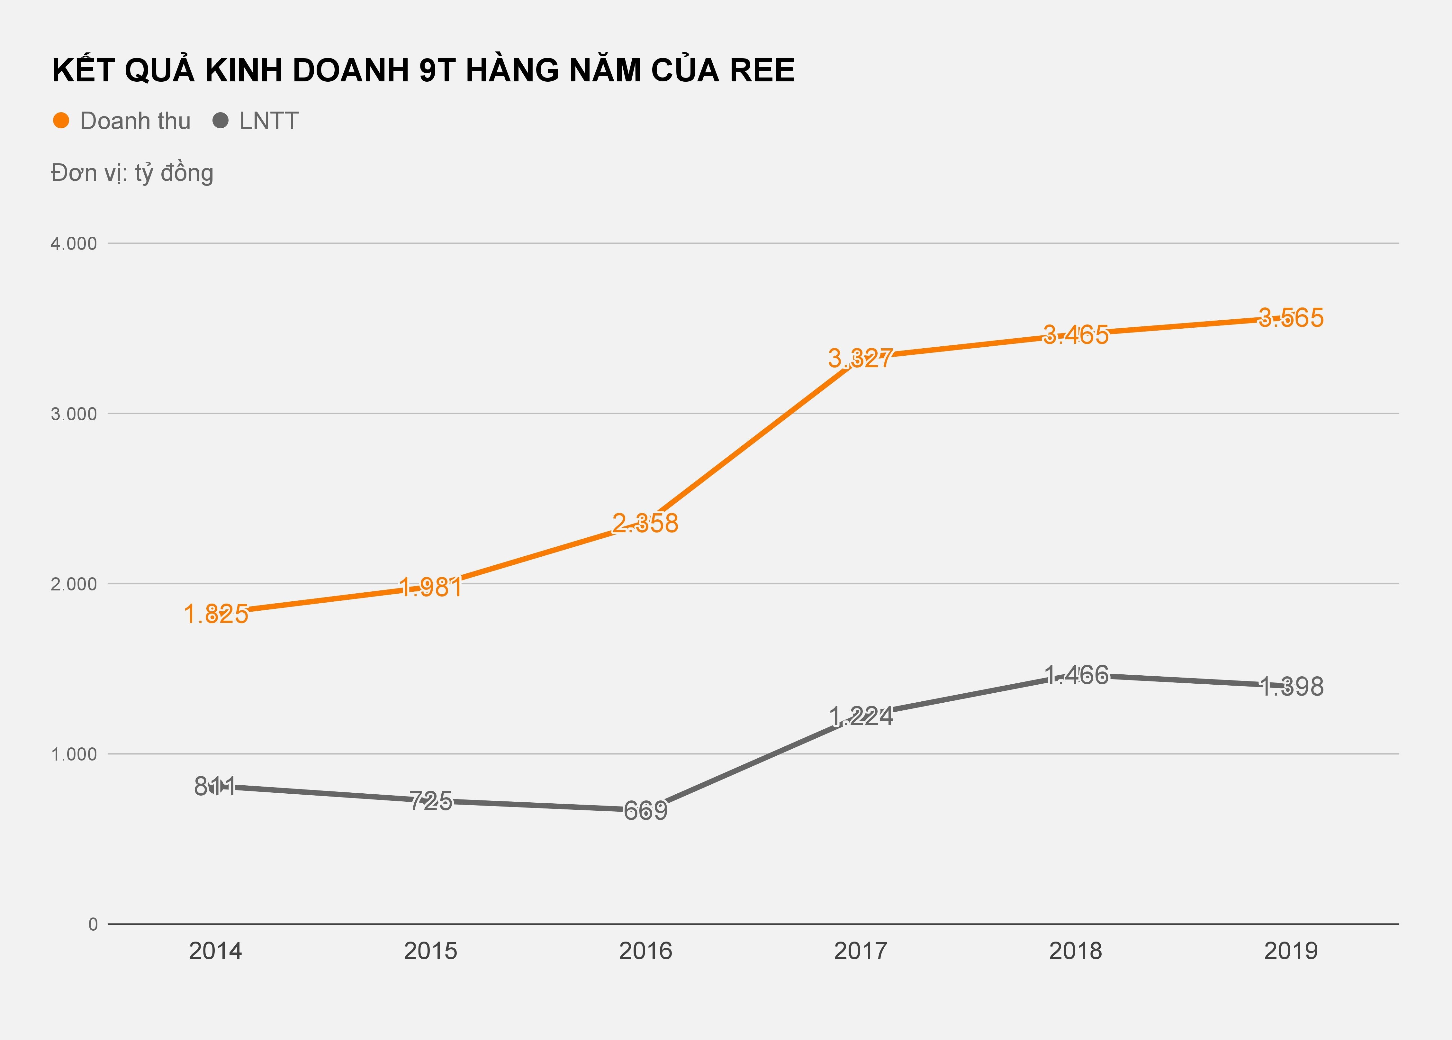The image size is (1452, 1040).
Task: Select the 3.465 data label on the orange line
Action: pyautogui.click(x=1076, y=335)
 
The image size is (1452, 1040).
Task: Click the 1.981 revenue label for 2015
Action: pyautogui.click(x=430, y=587)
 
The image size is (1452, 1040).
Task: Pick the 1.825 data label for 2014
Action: pyautogui.click(x=216, y=614)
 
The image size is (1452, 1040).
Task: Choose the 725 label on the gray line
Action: pyautogui.click(x=430, y=801)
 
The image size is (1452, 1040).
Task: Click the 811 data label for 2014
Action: pyautogui.click(x=215, y=786)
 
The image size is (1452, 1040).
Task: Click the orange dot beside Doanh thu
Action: pyautogui.click(x=61, y=120)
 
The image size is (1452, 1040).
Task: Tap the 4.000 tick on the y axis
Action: pyautogui.click(x=74, y=243)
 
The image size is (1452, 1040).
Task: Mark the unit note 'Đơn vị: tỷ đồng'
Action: pyautogui.click(x=132, y=173)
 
